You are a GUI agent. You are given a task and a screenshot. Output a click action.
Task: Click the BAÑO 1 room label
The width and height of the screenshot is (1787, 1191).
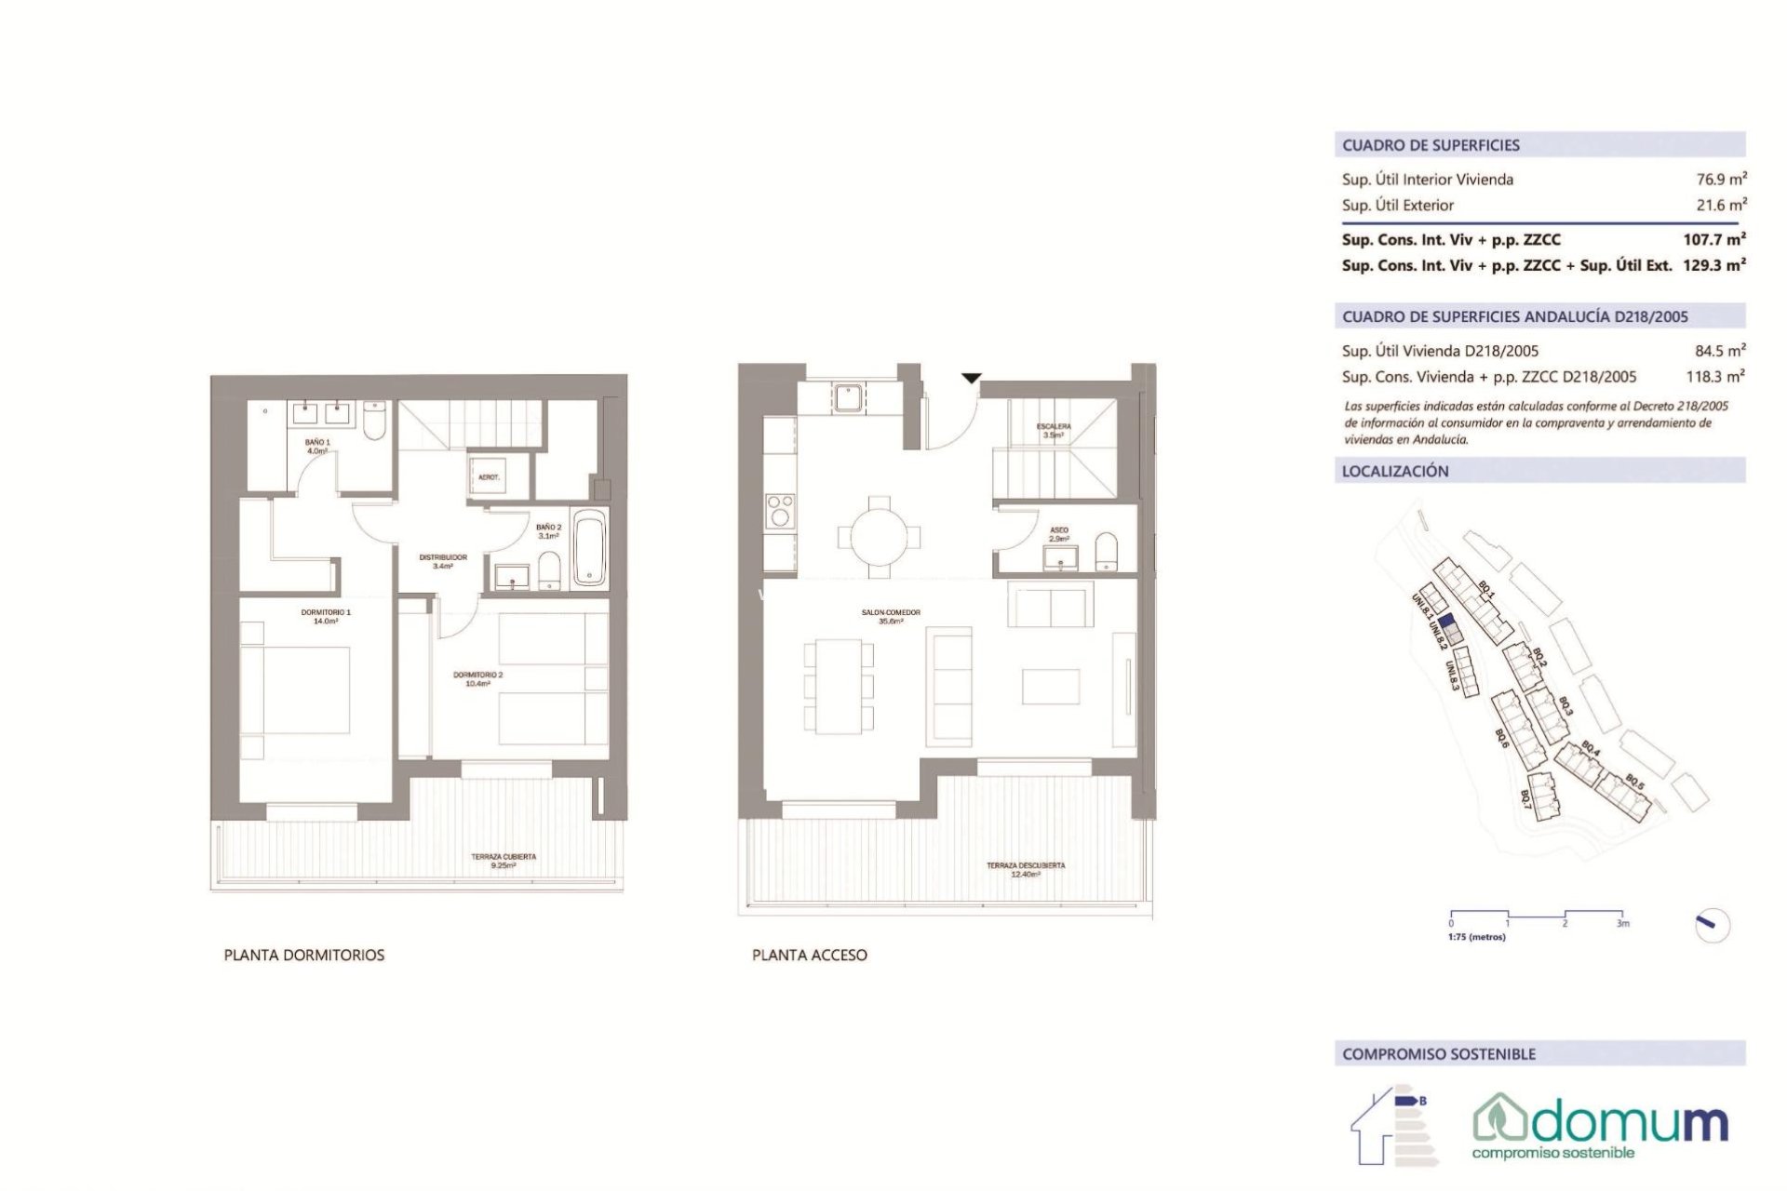coord(317,446)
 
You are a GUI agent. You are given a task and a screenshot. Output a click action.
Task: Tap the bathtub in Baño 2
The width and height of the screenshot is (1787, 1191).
coord(588,549)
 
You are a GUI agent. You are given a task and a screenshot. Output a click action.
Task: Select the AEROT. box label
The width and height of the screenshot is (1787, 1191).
coord(489,477)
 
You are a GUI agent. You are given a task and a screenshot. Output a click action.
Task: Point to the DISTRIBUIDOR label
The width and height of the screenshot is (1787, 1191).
coord(443,561)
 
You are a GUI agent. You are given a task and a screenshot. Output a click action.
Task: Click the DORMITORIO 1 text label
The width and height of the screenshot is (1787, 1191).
coord(326,616)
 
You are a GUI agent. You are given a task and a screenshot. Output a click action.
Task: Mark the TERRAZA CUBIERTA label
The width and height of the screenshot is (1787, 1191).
coord(504,861)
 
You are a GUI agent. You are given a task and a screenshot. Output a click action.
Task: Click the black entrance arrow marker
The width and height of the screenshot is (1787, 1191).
coord(971,378)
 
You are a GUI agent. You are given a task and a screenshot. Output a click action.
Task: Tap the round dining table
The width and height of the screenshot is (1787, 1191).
coord(879,536)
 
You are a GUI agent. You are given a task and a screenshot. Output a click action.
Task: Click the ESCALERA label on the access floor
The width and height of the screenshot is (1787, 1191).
coord(1054,430)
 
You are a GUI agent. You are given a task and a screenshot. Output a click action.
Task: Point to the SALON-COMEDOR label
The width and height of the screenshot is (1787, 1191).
coord(891,616)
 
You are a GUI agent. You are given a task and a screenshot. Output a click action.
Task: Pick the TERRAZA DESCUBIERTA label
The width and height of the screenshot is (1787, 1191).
coord(1026,869)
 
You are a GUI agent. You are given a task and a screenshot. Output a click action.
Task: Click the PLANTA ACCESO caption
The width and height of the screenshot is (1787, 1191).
coord(809,955)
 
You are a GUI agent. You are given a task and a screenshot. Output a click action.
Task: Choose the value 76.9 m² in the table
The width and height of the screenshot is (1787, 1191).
coord(1720,180)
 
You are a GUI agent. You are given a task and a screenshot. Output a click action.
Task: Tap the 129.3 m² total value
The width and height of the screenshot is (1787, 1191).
coord(1713,265)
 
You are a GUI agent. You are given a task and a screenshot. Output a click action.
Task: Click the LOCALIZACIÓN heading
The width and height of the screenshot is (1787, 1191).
coord(1394,471)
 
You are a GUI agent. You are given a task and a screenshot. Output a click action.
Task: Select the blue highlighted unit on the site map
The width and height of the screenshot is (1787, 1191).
coord(1445,622)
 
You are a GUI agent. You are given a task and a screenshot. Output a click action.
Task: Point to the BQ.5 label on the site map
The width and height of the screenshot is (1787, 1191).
coord(1634,783)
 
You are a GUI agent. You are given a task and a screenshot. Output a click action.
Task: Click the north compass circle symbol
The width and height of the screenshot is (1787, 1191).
coord(1712,925)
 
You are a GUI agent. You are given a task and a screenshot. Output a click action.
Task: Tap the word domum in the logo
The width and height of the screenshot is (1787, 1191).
coord(1628,1122)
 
